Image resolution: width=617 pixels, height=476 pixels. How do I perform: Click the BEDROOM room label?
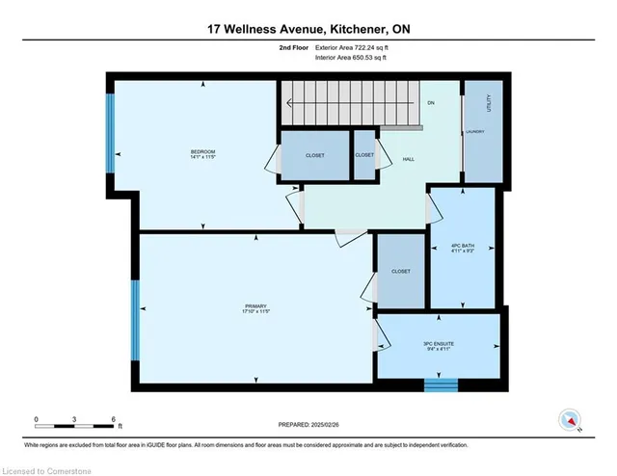(202, 152)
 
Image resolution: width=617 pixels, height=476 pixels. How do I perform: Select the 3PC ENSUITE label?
(438, 344)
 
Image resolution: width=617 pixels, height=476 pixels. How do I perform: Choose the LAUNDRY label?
(475, 132)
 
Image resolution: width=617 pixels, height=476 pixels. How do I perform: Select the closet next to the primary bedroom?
(401, 272)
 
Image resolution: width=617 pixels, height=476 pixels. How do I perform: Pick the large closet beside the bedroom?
(314, 155)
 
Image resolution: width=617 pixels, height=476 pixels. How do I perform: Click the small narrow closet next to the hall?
(364, 155)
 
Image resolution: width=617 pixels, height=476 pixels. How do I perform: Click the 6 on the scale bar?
(115, 419)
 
